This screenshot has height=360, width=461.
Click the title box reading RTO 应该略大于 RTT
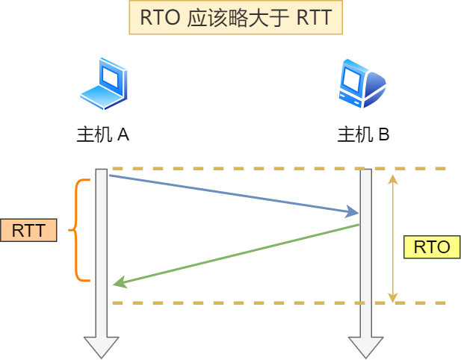pos(235,18)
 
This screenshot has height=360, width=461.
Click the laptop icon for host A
pos(104,84)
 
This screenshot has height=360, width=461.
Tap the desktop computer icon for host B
pos(362,84)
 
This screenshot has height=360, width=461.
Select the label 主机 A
pos(103,134)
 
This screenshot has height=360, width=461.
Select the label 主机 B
pos(363,134)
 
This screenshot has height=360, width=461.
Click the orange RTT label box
pos(28,230)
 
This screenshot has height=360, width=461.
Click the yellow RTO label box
pos(431,247)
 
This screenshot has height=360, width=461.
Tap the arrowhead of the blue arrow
pos(353,213)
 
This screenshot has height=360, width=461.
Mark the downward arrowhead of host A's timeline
pos(102,347)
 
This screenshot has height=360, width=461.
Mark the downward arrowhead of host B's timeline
pos(365,347)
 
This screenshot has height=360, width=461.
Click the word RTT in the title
pos(313,18)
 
